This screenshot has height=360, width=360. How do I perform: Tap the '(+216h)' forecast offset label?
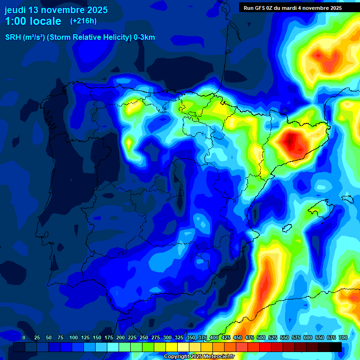pyautogui.click(x=83, y=21)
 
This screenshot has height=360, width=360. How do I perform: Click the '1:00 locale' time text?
pyautogui.click(x=33, y=22)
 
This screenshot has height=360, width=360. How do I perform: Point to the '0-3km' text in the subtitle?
pyautogui.click(x=144, y=37)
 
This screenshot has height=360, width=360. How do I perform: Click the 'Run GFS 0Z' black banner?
pyautogui.click(x=292, y=7)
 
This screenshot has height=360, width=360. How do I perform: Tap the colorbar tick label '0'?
pyautogui.click(x=24, y=337)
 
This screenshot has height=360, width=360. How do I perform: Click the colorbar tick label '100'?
pyautogui.click(x=74, y=337)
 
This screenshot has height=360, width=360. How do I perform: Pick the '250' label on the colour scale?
pyautogui.click(x=144, y=337)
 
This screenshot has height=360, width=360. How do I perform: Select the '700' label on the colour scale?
pyautogui.click(x=343, y=337)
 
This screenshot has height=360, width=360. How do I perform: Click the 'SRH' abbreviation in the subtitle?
pyautogui.click(x=13, y=37)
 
